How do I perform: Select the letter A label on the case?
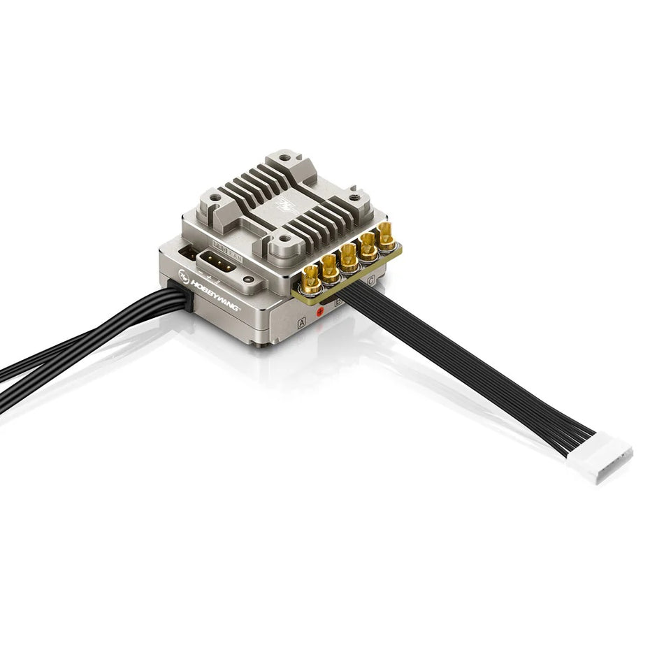tap(302, 323)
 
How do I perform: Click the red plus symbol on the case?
tap(321, 311)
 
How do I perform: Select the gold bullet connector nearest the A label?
tap(312, 279)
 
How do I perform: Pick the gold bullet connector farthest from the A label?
tap(386, 236)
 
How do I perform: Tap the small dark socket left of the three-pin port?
tap(187, 253)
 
